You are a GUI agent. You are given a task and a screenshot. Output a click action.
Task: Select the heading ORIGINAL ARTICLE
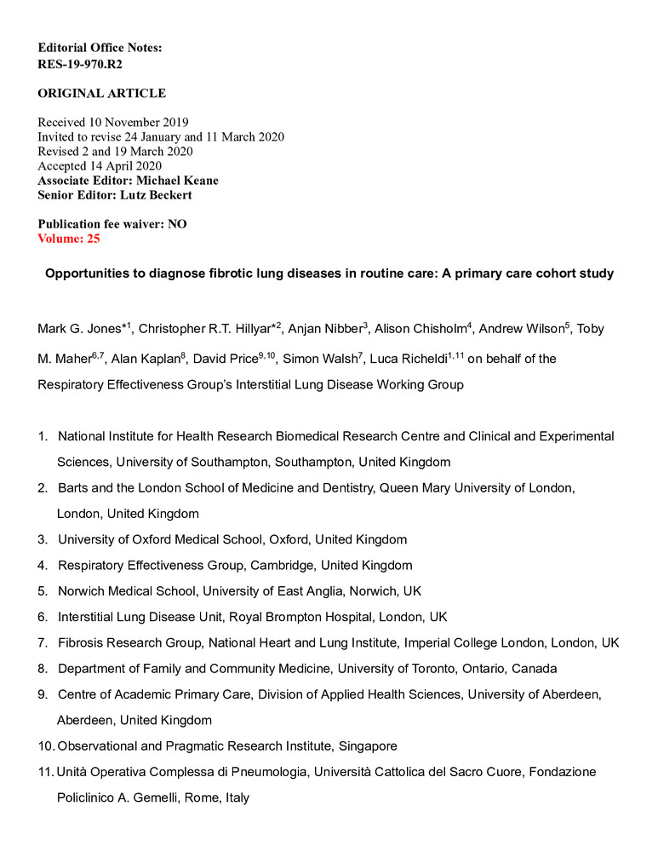tap(101, 93)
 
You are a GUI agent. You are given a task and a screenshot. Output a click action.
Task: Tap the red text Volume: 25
tap(69, 239)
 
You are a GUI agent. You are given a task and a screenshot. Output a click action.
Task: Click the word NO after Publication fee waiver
tap(177, 224)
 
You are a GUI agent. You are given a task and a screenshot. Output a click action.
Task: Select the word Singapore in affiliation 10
tap(366, 746)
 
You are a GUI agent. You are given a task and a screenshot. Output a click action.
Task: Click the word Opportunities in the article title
tap(86, 274)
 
